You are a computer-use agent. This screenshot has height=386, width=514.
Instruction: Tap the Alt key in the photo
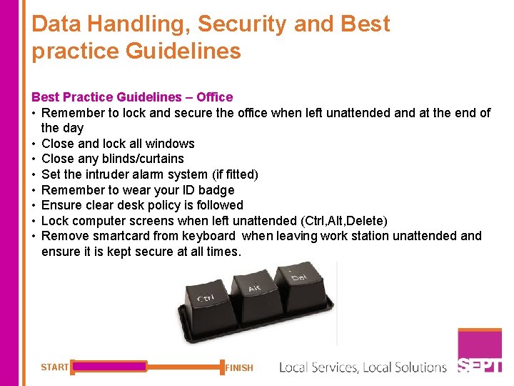(255, 293)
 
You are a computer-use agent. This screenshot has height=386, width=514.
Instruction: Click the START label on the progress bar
(54, 367)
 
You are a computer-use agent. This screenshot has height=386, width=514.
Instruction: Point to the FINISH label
(239, 368)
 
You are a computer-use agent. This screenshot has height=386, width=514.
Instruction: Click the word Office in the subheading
(214, 97)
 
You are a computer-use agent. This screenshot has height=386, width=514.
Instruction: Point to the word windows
(170, 144)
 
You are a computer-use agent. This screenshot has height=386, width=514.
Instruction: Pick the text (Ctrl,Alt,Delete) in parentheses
(333, 221)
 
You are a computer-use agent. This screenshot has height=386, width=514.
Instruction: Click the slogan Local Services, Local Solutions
(363, 367)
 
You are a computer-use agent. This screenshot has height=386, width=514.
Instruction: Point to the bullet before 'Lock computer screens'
(34, 221)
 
